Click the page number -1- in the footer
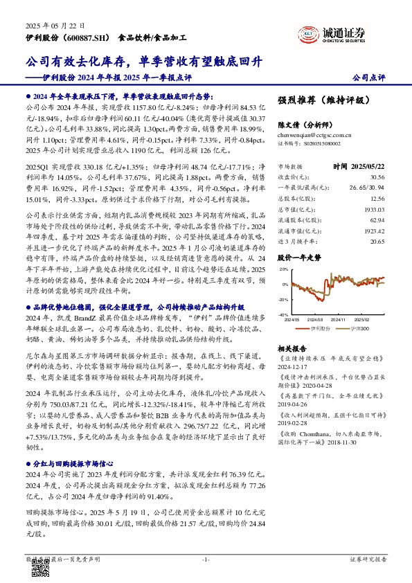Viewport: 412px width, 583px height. [205, 558]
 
